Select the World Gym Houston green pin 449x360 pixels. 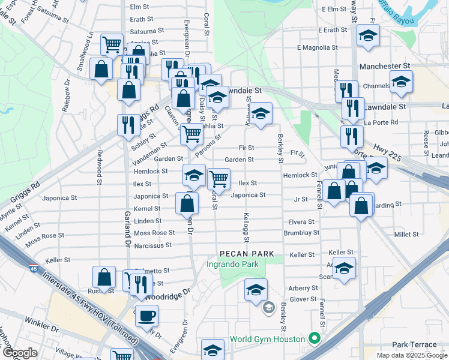(313, 338)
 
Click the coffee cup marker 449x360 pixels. (146, 315)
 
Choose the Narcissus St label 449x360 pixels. (152, 245)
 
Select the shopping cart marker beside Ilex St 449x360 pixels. (218, 178)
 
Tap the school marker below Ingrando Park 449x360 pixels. (256, 290)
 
